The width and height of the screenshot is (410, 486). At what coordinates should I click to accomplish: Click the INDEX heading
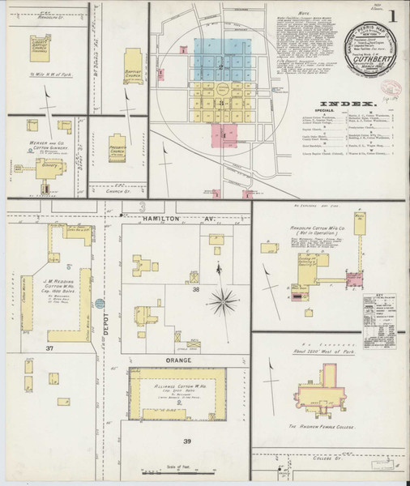pos(346,104)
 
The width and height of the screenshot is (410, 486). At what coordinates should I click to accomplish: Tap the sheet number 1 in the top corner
pos(392,15)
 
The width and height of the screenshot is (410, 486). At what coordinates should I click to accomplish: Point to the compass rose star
pos(220,303)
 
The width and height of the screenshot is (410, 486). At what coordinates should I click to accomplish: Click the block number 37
pos(50,348)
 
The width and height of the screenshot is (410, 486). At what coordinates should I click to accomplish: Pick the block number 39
pos(188,441)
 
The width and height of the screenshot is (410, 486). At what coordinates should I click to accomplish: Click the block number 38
pos(194,289)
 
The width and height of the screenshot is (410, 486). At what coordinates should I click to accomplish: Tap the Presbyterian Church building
pos(118,147)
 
